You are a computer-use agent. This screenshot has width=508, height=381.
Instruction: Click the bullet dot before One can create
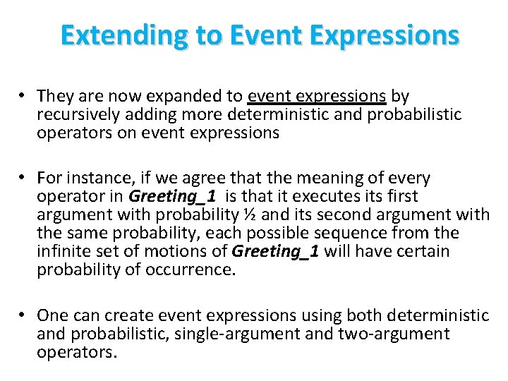23,315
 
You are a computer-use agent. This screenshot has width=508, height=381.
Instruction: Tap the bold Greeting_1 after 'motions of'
276,252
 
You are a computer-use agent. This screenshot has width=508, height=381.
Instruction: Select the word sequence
339,234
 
